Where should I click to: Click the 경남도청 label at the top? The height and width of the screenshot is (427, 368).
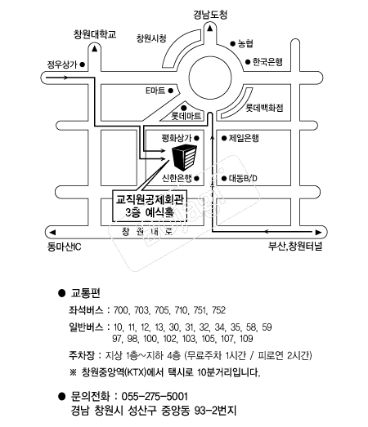tap(210, 15)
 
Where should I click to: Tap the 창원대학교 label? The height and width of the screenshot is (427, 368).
tap(95, 34)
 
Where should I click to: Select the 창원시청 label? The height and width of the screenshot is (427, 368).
tap(151, 38)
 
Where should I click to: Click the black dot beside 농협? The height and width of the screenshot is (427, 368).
tap(233, 43)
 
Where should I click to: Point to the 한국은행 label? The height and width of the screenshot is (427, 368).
tap(267, 62)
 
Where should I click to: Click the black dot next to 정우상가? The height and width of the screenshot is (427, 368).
tap(82, 64)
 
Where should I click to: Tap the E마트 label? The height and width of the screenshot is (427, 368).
tap(155, 91)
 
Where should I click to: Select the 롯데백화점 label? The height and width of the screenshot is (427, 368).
tap(264, 108)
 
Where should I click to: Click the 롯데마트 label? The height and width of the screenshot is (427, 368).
tap(186, 116)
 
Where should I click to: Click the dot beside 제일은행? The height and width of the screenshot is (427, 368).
tap(224, 138)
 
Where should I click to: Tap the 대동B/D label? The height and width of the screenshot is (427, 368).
tap(243, 178)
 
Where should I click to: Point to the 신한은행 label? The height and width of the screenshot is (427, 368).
tap(177, 178)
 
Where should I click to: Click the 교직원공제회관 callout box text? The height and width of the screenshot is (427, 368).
tap(150, 206)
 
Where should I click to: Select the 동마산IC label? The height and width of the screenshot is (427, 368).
tap(64, 247)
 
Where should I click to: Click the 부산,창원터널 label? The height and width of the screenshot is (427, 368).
tap(295, 247)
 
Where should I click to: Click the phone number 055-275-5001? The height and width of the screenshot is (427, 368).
tap(155, 396)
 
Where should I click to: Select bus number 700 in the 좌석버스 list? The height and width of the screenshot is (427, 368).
tap(120, 310)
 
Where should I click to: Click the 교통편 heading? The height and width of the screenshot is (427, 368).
tap(85, 293)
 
